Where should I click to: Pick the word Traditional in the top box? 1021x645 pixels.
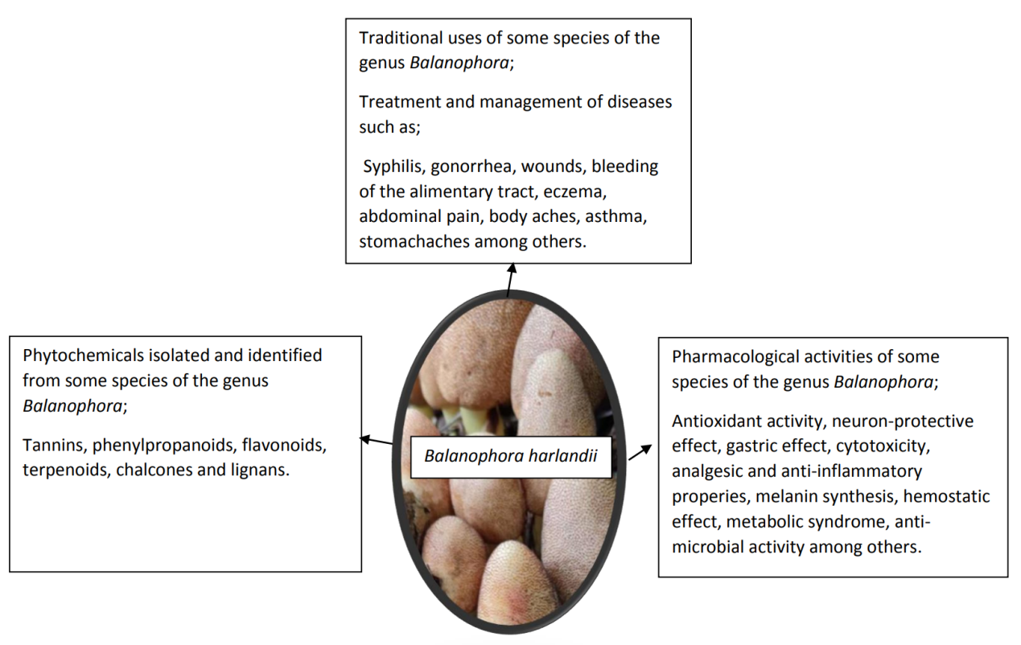pyautogui.click(x=400, y=38)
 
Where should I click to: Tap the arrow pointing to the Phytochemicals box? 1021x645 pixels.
pyautogui.click(x=377, y=441)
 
